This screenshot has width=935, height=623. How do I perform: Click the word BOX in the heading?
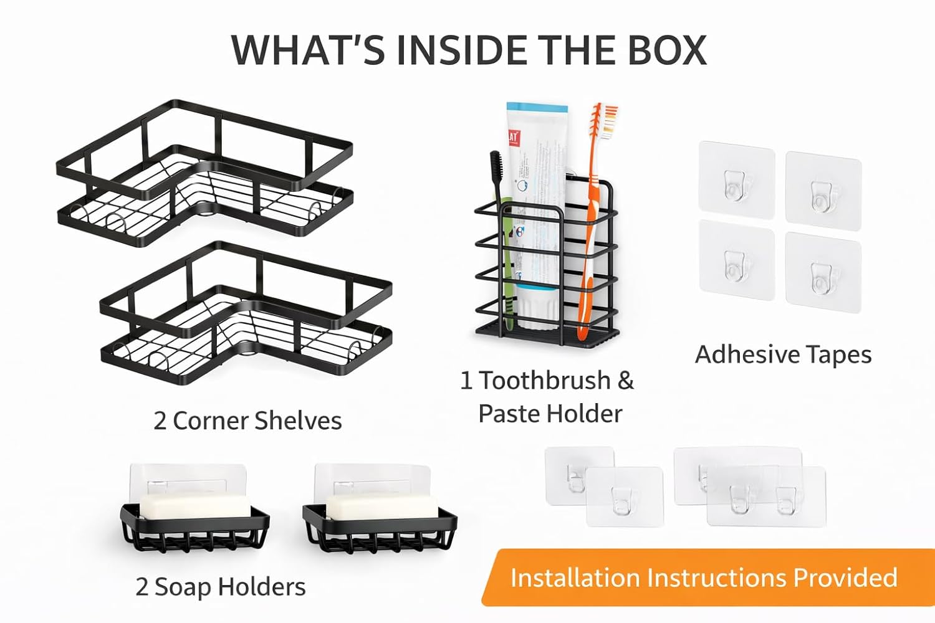pos(667,50)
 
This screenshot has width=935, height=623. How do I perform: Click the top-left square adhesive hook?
pos(736,180)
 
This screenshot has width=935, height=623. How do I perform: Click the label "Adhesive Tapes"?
pos(783,354)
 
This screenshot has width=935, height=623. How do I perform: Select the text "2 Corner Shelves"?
pos(247,421)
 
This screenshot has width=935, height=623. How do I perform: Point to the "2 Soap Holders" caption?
pos(221,587)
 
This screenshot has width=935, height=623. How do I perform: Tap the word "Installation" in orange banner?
pos(575,578)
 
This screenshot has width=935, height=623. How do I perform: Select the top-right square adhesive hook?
pos(823,187)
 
